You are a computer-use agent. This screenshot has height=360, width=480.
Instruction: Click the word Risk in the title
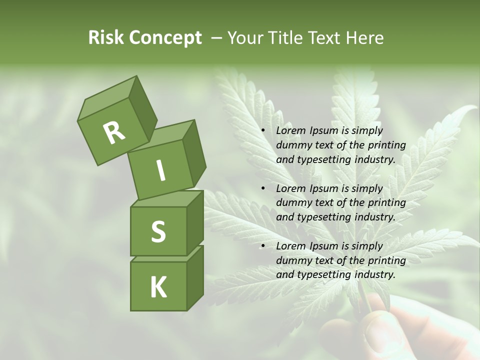pyautogui.click(x=106, y=38)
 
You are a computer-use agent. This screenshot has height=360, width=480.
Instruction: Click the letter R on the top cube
pyautogui.click(x=114, y=132)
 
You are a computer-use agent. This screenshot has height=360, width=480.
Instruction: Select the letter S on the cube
pyautogui.click(x=158, y=232)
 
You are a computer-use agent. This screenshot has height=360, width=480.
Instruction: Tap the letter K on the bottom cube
pyautogui.click(x=158, y=287)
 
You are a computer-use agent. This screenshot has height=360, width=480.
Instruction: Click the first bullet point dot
pyautogui.click(x=263, y=130)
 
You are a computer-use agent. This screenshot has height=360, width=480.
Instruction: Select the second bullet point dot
pyautogui.click(x=263, y=188)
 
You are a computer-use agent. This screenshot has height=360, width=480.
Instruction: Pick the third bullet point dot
pyautogui.click(x=263, y=246)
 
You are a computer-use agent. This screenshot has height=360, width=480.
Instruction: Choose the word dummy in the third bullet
pyautogui.click(x=292, y=260)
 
